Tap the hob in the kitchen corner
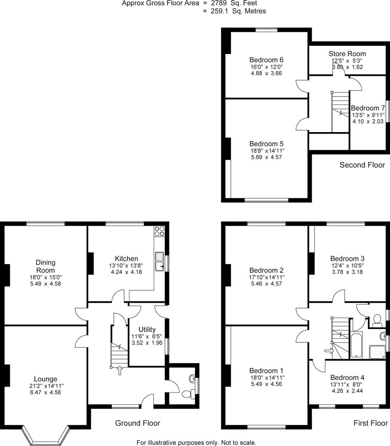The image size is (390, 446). (160, 231)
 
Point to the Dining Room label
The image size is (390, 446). (45, 266)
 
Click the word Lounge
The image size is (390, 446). (45, 379)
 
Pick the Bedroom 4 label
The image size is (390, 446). (347, 377)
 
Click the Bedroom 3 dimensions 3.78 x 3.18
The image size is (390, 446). (347, 272)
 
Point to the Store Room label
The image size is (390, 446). (347, 54)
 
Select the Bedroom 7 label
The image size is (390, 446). (368, 108)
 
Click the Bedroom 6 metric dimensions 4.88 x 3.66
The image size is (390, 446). (266, 73)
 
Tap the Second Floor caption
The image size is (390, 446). (362, 165)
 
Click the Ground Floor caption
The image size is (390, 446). (137, 423)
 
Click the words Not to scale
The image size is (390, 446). (239, 442)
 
